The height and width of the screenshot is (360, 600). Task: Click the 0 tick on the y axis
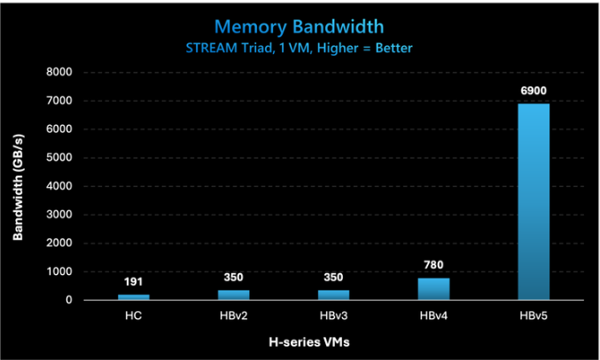[68, 300]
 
